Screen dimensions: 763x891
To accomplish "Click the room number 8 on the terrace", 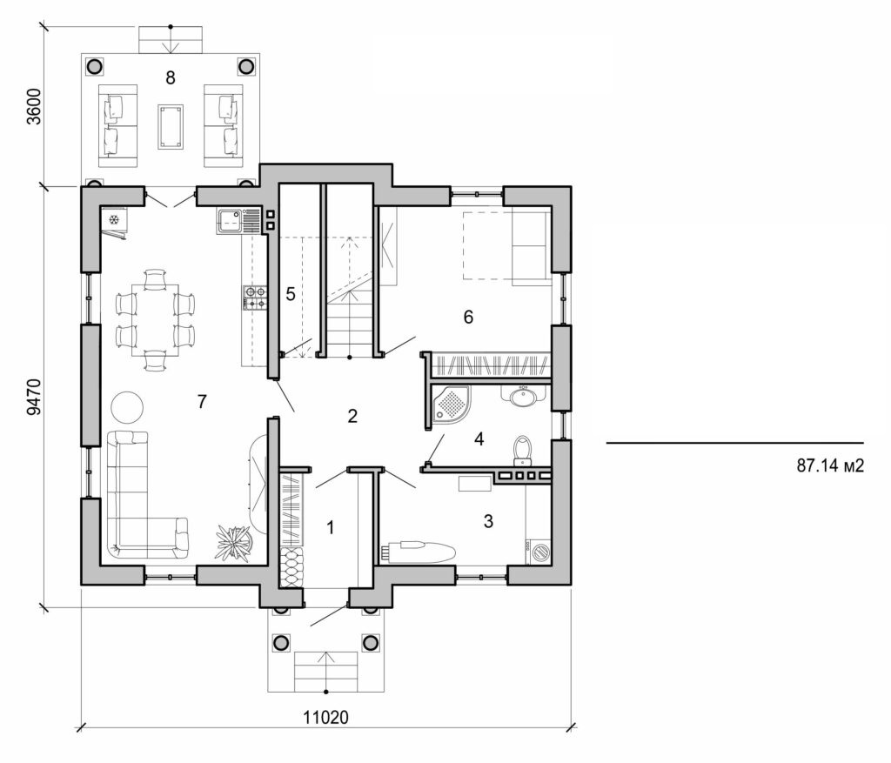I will pyautogui.click(x=171, y=78).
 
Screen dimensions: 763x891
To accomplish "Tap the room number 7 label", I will pyautogui.click(x=202, y=401).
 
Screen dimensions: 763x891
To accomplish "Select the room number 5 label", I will pyautogui.click(x=290, y=294).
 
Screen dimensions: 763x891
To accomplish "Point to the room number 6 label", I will pyautogui.click(x=468, y=317).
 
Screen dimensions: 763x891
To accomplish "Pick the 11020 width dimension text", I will pyautogui.click(x=326, y=719).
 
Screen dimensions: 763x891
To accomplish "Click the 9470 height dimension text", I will pyautogui.click(x=34, y=396).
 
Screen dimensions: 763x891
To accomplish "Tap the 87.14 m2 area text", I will pyautogui.click(x=829, y=466).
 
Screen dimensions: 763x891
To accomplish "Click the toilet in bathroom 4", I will pyautogui.click(x=522, y=448).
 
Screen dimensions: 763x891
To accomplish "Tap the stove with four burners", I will pyautogui.click(x=253, y=298).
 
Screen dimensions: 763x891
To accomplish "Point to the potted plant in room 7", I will pyautogui.click(x=233, y=543).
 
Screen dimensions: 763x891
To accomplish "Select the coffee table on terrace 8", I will pyautogui.click(x=171, y=126).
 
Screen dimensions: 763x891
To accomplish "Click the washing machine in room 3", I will pyautogui.click(x=540, y=551).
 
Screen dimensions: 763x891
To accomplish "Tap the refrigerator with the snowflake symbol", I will pyautogui.click(x=114, y=220).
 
